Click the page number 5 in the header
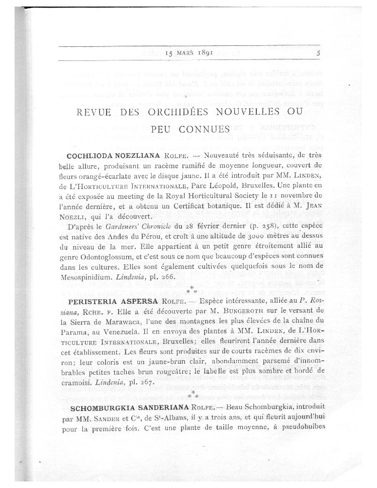click(x=319, y=52)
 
